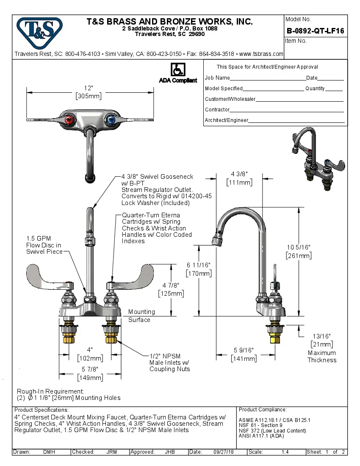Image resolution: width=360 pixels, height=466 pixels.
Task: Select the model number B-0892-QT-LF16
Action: pyautogui.click(x=315, y=31)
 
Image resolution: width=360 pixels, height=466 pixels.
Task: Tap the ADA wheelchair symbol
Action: pyautogui.click(x=177, y=70)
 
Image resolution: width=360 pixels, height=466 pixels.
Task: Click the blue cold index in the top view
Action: pyautogui.click(x=111, y=121)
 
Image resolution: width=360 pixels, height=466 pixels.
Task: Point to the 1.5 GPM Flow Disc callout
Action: pyautogui.click(x=44, y=245)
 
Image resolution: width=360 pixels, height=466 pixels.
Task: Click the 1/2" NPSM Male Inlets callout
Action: pyautogui.click(x=169, y=363)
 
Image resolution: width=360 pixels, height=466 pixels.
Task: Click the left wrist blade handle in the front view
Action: pyautogui.click(x=47, y=275)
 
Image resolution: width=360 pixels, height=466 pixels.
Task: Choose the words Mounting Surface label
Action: pyautogui.click(x=141, y=316)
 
